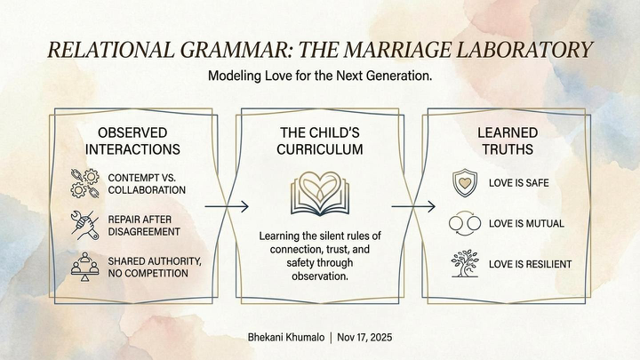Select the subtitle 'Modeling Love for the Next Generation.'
(x=320, y=76)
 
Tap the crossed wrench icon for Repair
(x=85, y=225)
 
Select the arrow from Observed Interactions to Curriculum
(x=227, y=206)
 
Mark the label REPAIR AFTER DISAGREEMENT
(x=145, y=225)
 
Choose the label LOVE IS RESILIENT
(x=530, y=264)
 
